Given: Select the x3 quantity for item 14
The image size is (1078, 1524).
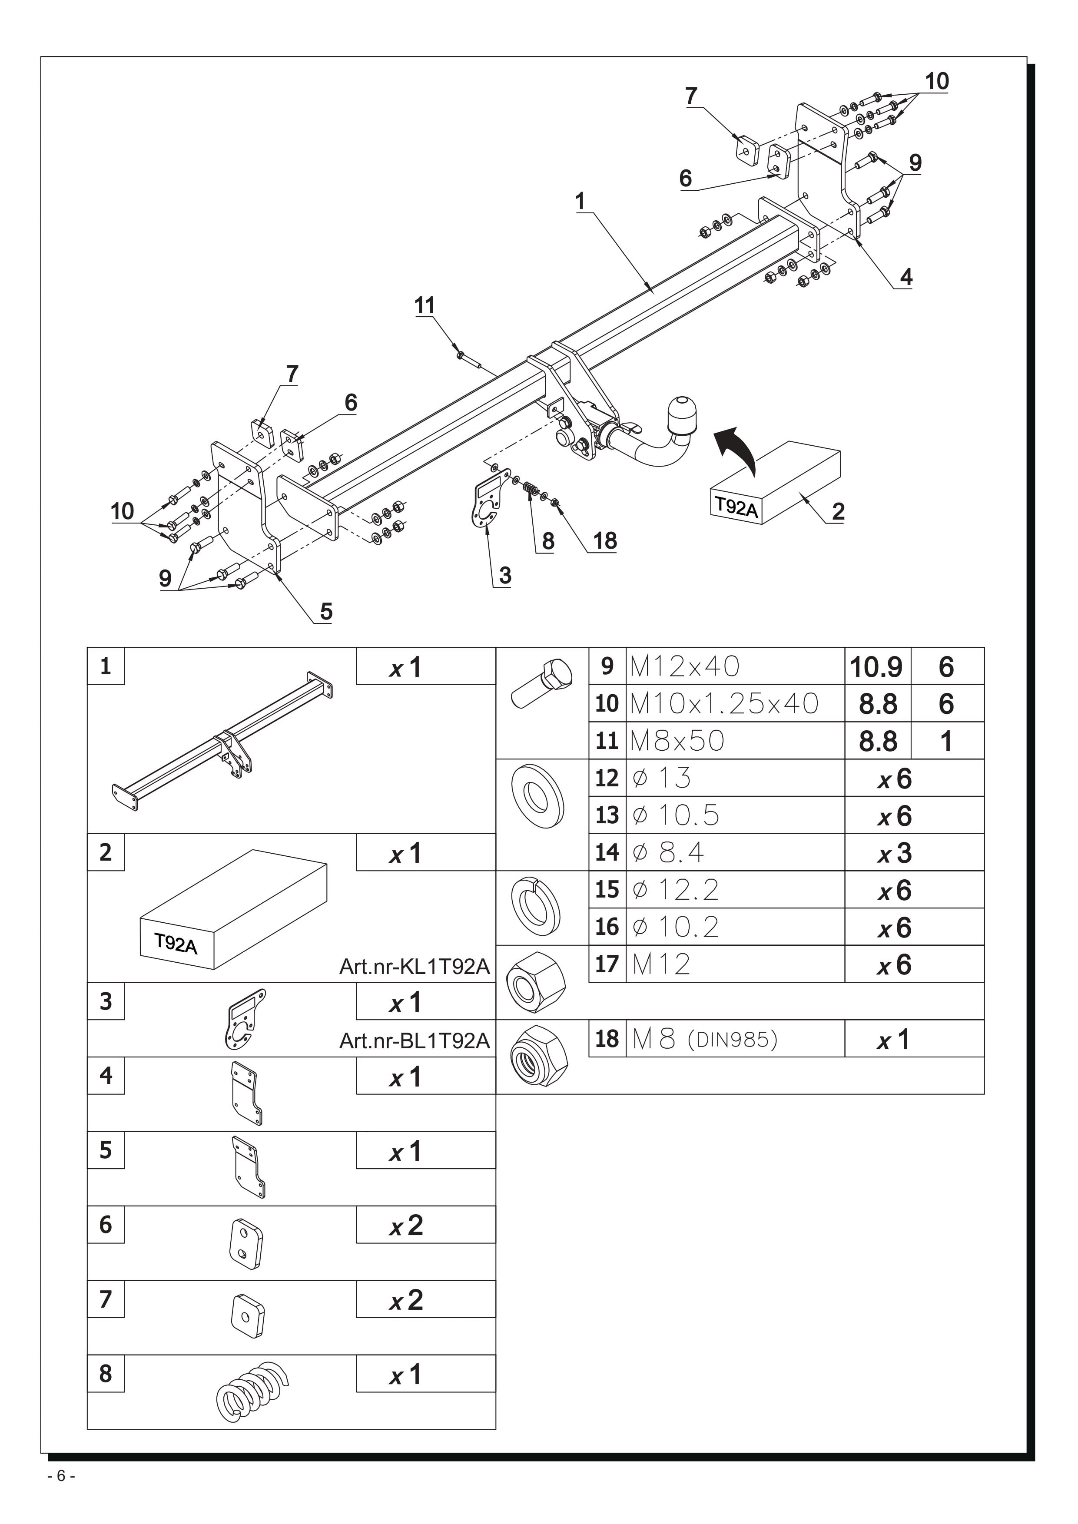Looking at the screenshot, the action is tap(895, 853).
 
